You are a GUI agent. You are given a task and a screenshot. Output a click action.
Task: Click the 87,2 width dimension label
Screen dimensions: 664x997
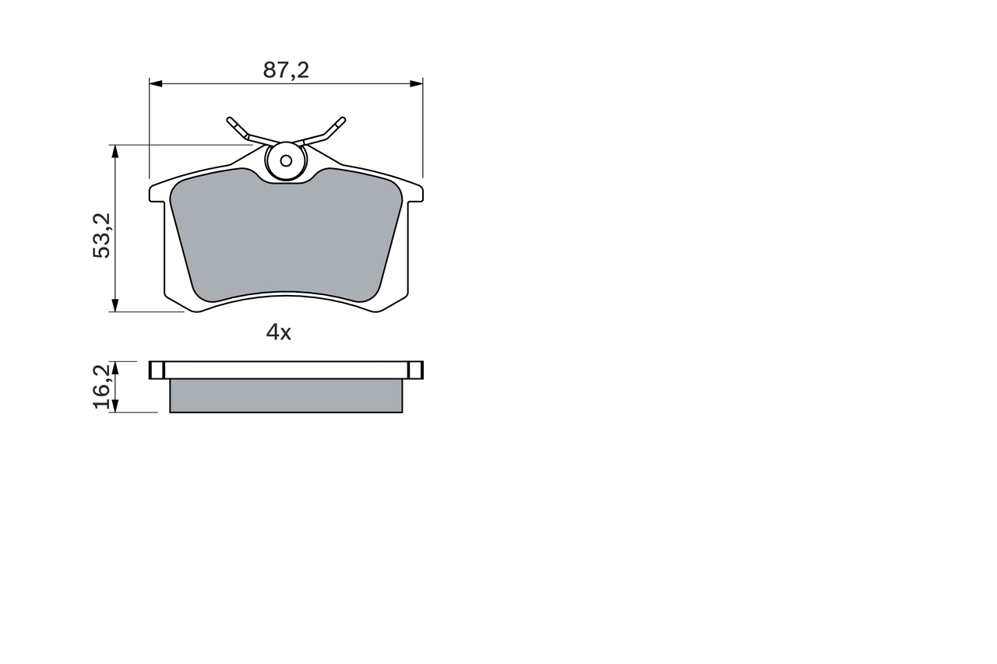click(x=286, y=70)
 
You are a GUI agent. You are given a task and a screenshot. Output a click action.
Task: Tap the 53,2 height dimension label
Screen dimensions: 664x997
click(x=103, y=234)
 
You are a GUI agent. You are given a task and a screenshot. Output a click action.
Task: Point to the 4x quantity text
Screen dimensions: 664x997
click(x=278, y=333)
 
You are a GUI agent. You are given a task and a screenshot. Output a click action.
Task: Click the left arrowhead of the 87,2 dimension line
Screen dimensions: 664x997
click(x=154, y=82)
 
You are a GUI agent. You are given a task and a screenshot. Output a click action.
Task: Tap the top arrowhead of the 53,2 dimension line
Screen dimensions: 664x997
click(x=115, y=150)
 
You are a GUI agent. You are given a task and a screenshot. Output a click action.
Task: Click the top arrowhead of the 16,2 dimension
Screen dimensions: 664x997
click(x=115, y=366)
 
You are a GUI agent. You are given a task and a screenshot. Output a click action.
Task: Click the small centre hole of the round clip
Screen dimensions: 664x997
click(x=286, y=161)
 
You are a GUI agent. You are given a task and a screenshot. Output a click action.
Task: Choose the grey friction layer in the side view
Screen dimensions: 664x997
click(x=286, y=395)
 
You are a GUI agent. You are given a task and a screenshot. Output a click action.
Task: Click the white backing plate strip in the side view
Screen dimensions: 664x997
click(x=286, y=370)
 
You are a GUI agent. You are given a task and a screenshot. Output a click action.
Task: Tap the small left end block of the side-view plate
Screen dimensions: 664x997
click(x=157, y=370)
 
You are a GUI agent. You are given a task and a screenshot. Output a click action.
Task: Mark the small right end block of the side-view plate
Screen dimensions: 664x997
click(x=416, y=370)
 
